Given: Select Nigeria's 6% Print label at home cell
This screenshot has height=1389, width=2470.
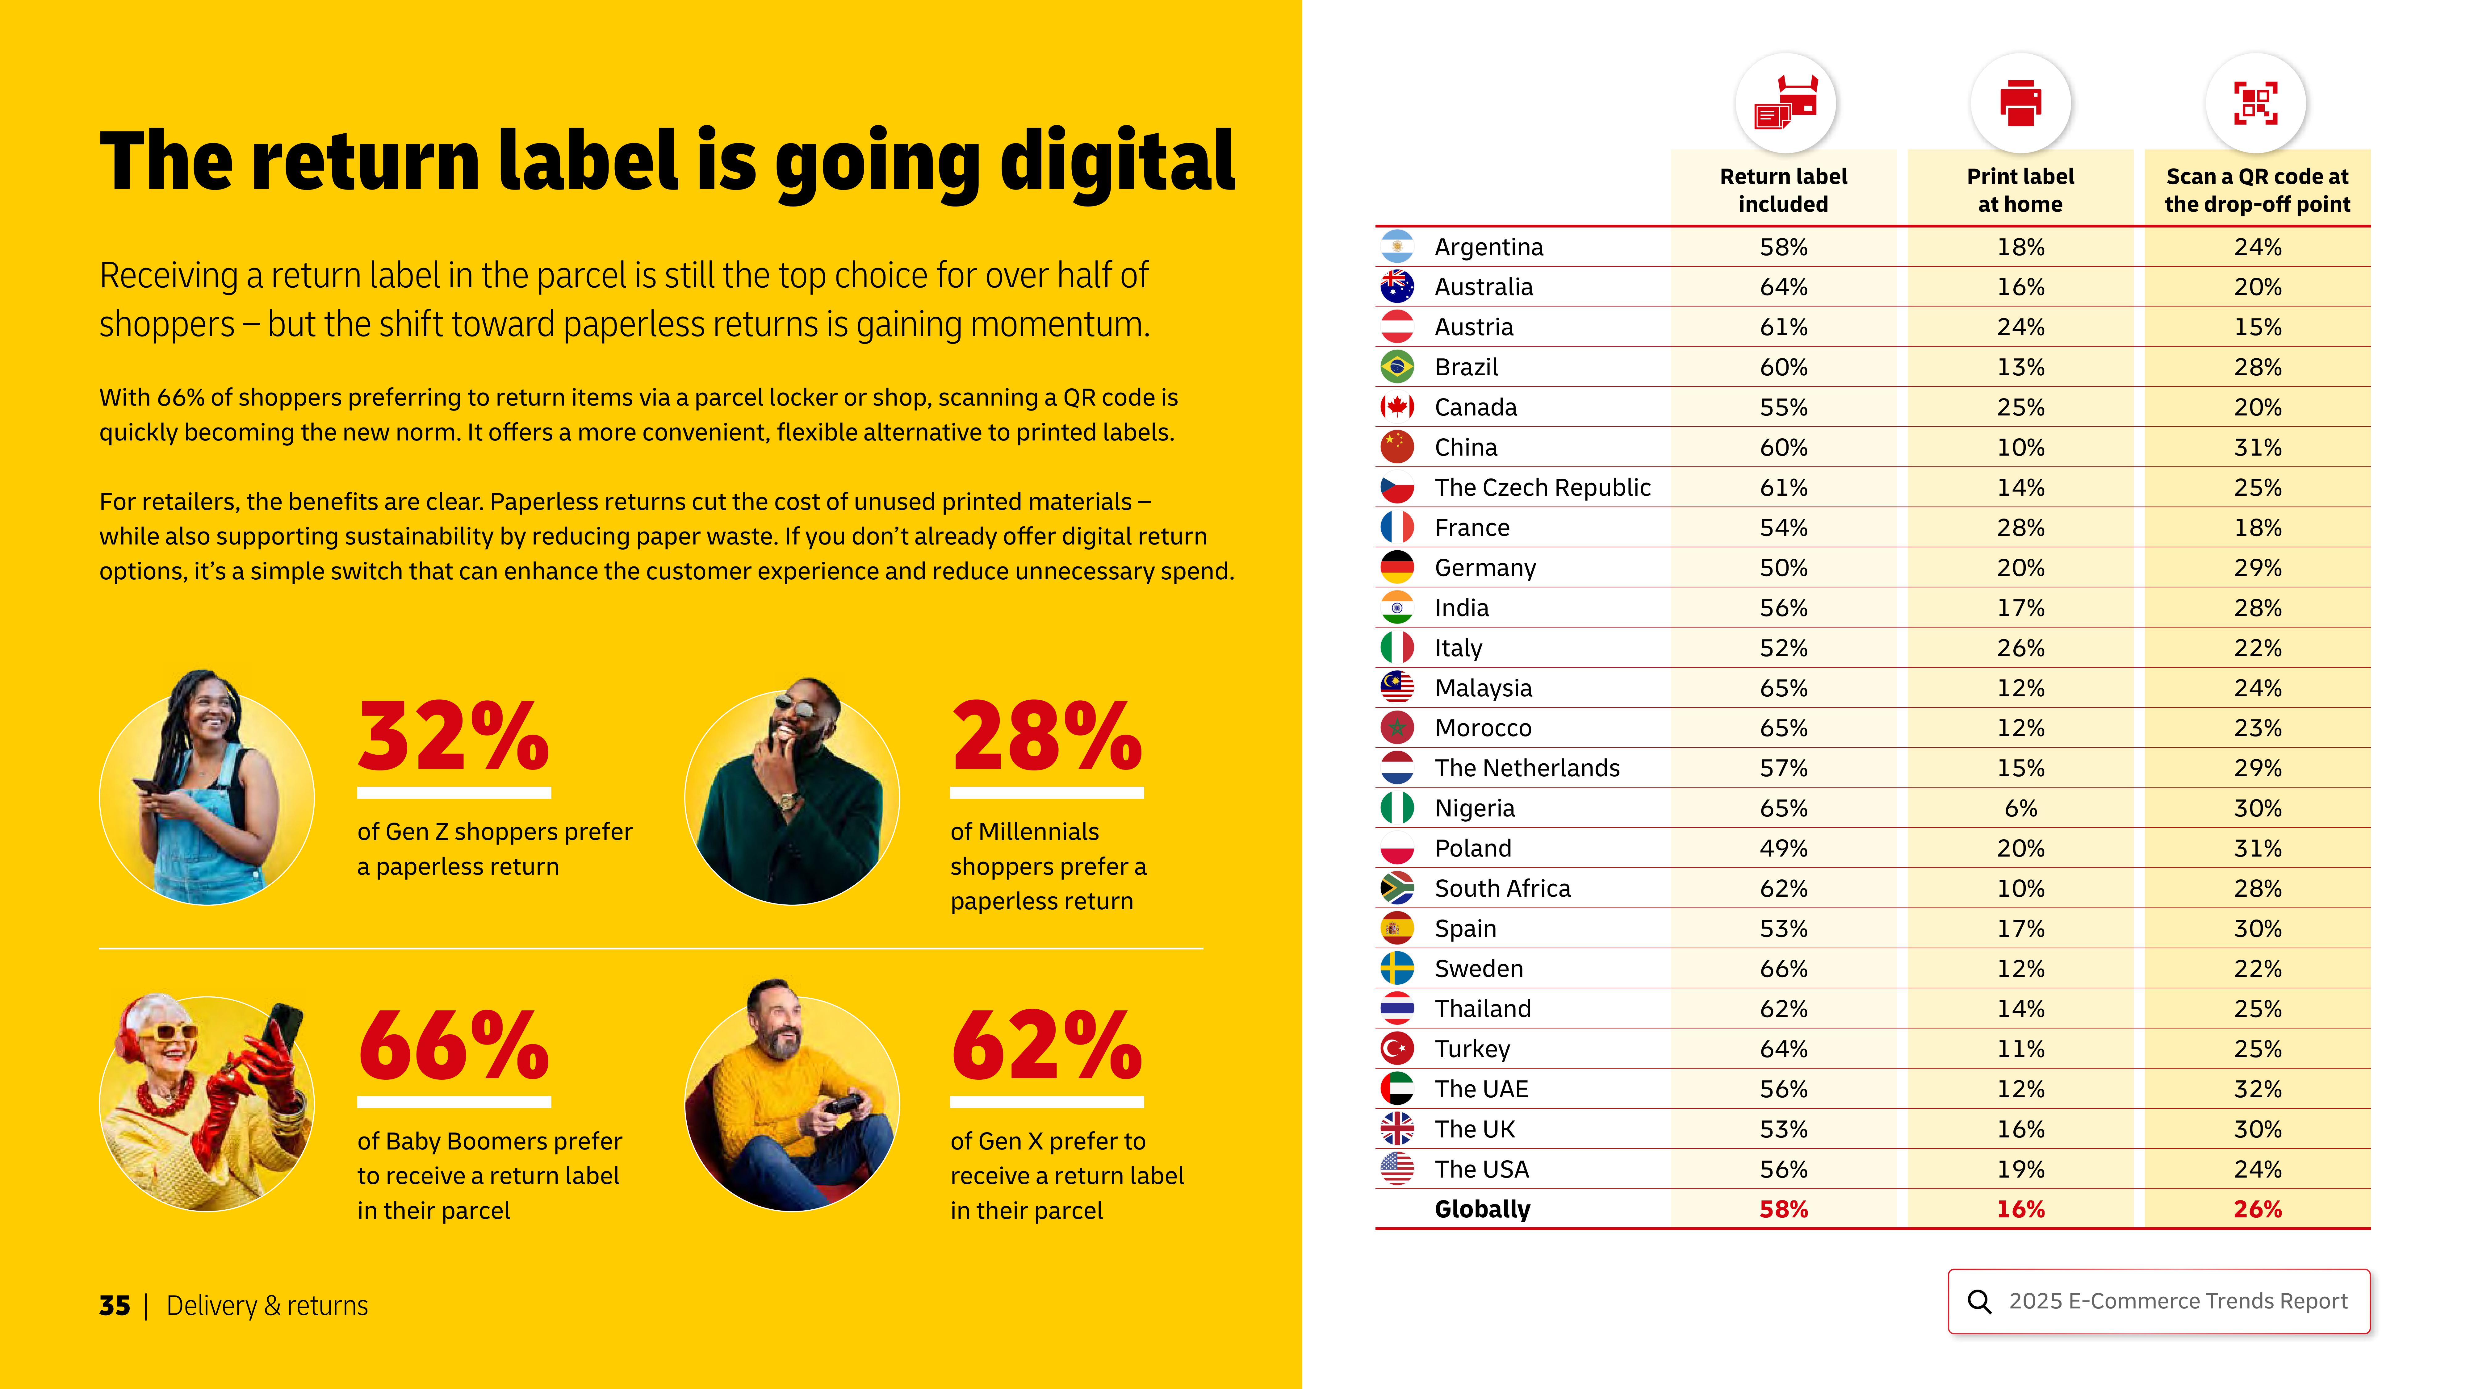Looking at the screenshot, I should coord(2020,808).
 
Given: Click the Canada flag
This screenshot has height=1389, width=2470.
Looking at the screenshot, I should coord(1397,407).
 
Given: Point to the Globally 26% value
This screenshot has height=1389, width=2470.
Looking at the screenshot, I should coord(2257,1210).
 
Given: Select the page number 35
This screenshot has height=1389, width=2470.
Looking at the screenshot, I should coord(114,1306).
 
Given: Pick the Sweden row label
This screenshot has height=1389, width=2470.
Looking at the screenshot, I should coord(1479,969).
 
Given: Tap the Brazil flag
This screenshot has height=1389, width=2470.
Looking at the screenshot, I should coord(1397,367).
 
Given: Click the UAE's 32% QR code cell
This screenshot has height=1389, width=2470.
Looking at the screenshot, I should coord(2257,1089).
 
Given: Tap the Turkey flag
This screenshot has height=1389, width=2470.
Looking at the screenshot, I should coord(1397,1049).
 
